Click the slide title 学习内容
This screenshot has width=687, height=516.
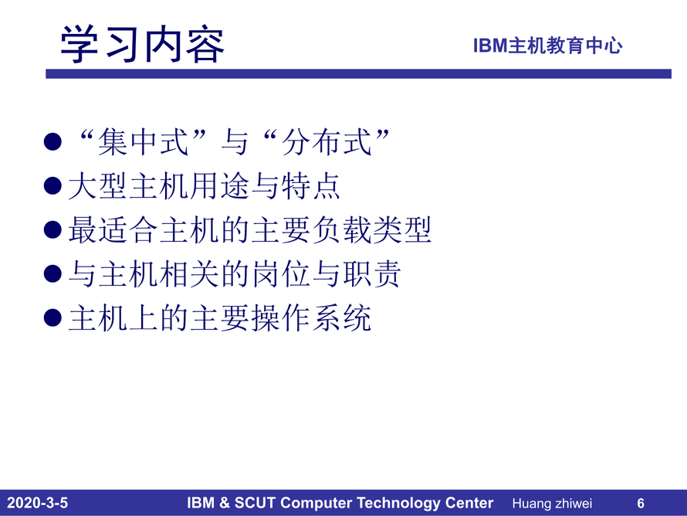point(142,44)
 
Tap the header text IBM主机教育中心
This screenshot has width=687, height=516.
point(548,46)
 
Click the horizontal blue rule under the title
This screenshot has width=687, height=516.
point(358,73)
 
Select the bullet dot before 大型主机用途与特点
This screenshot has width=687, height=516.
point(52,185)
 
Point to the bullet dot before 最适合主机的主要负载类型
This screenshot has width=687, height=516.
point(52,229)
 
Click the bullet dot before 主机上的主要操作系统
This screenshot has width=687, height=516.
point(52,317)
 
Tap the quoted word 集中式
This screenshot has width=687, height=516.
point(144,142)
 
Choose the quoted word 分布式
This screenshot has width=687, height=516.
point(327,142)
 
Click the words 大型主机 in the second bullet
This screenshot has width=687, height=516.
point(129,186)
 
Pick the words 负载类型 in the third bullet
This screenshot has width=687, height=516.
point(372,229)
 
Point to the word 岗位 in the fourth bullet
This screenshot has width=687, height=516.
point(281,274)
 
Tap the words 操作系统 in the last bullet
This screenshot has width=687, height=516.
point(311,317)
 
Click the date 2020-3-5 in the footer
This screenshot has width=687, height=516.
point(38,503)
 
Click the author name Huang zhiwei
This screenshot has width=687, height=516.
point(552,504)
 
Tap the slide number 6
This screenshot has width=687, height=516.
point(641,503)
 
